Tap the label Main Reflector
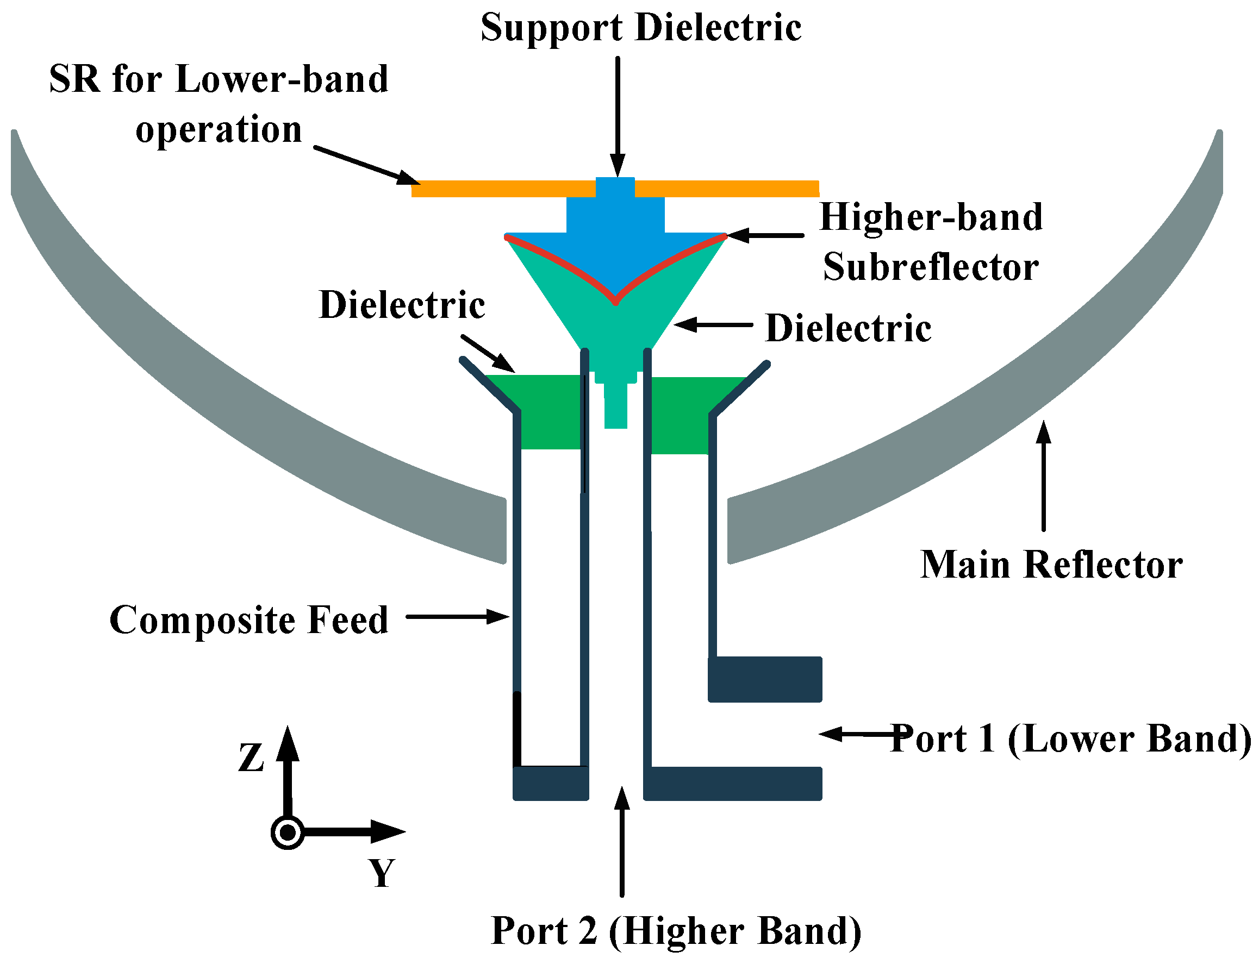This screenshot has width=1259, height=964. (1051, 565)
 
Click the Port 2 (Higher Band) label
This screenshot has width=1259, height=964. (676, 931)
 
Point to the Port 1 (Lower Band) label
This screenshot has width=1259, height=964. (1071, 738)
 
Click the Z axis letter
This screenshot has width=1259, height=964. (251, 758)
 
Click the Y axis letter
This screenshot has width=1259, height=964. (381, 873)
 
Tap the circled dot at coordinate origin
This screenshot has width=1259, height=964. (287, 832)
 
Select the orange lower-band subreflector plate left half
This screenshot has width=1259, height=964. (502, 189)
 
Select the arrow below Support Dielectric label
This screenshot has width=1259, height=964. (618, 115)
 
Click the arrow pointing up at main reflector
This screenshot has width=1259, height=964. (1043, 476)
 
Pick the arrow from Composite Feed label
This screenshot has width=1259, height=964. (457, 617)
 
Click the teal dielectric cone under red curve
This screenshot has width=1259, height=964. (615, 333)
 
